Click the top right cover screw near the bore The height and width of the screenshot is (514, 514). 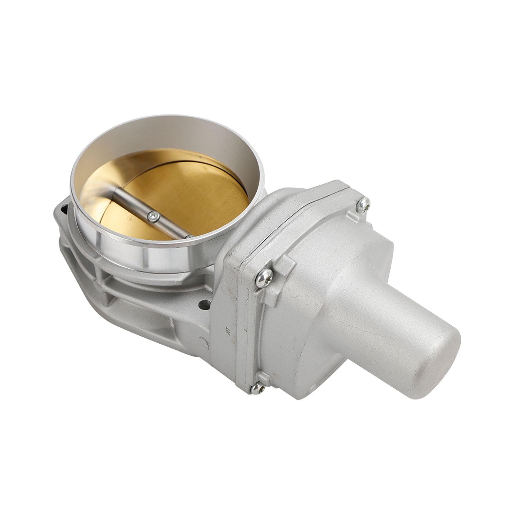(363, 205)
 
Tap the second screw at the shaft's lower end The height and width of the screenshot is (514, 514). (190, 237)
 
